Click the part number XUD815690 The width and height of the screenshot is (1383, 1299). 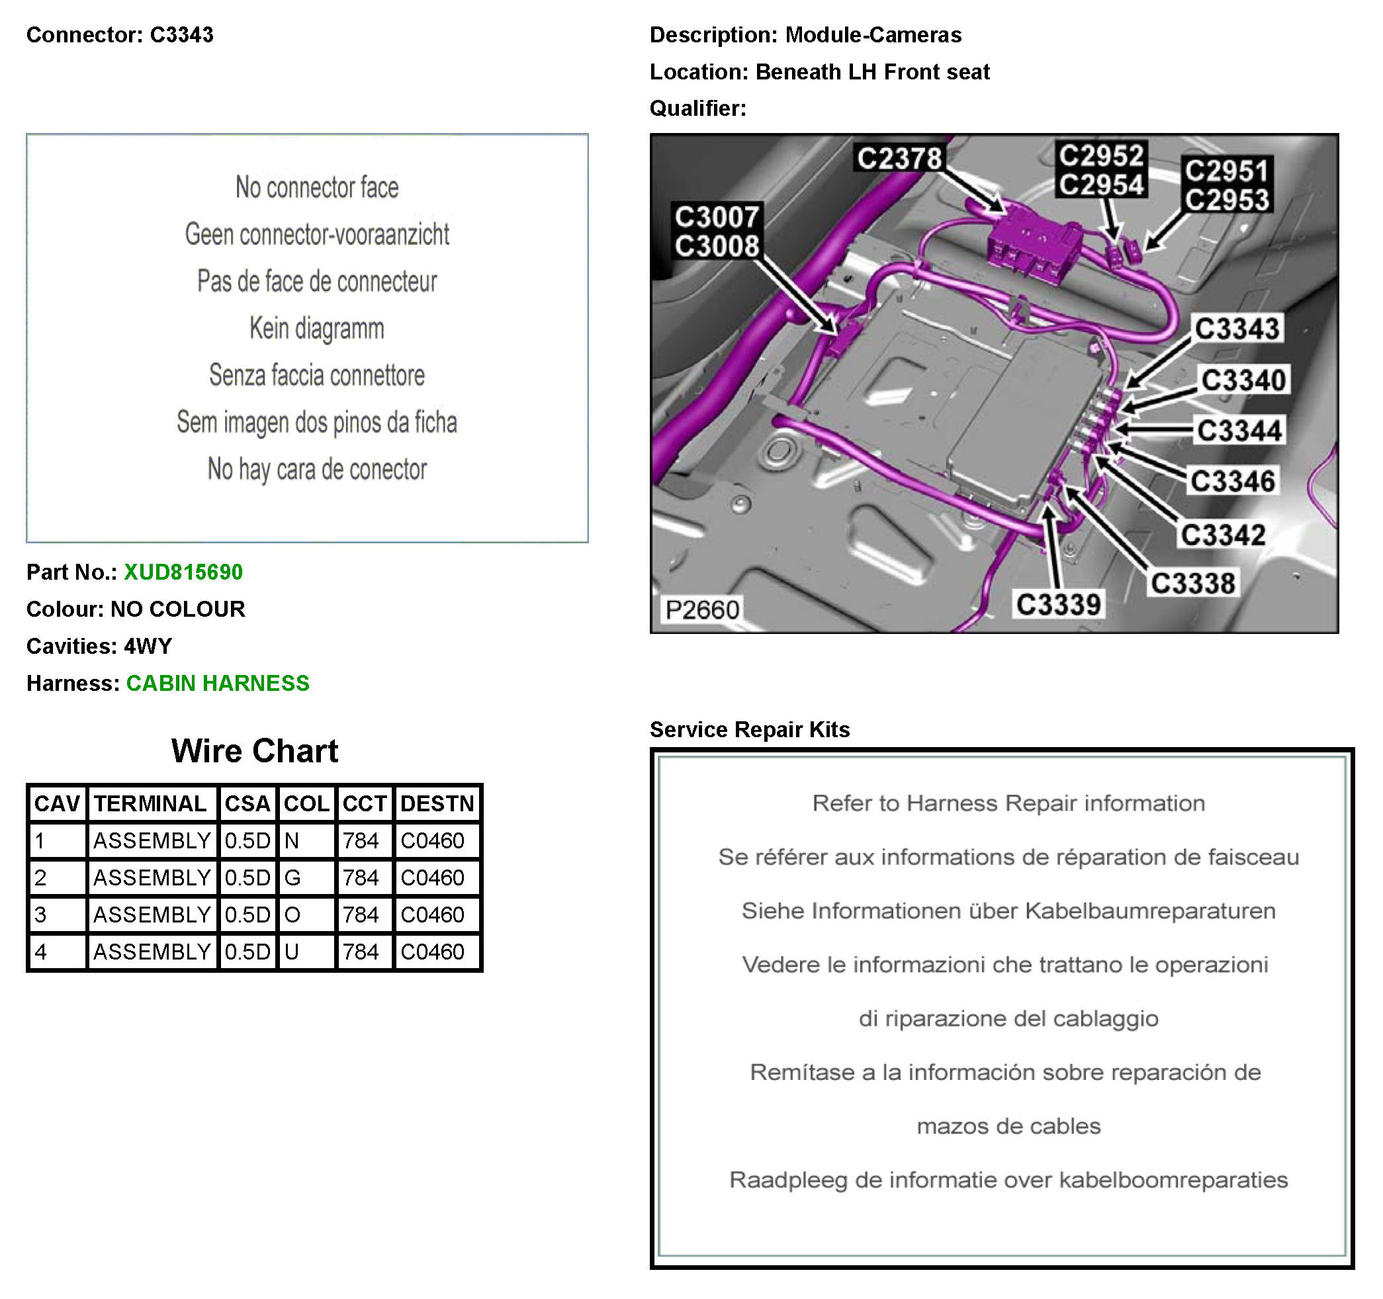tap(183, 572)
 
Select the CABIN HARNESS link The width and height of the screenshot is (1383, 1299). tap(217, 683)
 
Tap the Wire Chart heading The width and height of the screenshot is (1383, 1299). tap(255, 750)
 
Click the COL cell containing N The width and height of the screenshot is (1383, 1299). tap(306, 840)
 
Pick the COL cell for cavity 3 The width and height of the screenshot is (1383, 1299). tap(306, 915)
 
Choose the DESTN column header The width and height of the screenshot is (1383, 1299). tap(437, 803)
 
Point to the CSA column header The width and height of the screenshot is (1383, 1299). tap(247, 803)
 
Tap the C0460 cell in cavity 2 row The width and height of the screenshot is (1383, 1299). tap(437, 877)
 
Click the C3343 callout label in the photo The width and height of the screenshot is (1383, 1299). tap(1236, 328)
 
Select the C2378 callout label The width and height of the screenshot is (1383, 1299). tap(899, 158)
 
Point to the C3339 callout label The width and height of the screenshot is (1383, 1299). tap(1058, 604)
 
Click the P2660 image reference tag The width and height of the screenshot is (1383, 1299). tap(701, 609)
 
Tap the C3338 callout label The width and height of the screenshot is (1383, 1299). tap(1192, 583)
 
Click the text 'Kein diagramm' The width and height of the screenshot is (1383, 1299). tap(316, 328)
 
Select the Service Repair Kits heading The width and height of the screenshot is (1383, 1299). tap(749, 729)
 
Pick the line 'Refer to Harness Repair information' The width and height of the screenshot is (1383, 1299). tap(1008, 803)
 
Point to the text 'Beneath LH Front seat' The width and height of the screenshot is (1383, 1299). tap(872, 71)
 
